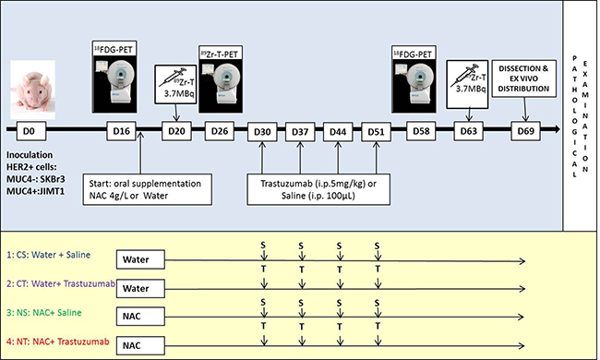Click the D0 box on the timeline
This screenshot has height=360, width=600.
point(31,131)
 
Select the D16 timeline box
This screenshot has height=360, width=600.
point(121,131)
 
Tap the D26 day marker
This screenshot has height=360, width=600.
point(220,131)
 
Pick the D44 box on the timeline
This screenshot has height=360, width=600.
point(338,132)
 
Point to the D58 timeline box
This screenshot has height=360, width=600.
point(421,131)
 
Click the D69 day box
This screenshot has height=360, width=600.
point(526,131)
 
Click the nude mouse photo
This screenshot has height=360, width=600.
point(32,90)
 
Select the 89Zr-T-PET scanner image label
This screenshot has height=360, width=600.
point(220,54)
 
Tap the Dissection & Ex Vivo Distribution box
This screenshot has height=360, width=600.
point(523,78)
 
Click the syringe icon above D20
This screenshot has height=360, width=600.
point(173,77)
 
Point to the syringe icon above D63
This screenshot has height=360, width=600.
point(463,75)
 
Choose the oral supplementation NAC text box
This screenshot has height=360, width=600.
point(148,190)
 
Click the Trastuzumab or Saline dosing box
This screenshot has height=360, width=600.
point(318,190)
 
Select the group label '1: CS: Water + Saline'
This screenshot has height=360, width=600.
point(49,255)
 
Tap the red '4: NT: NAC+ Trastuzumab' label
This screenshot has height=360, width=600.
point(58,342)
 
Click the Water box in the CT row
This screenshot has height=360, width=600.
point(140,288)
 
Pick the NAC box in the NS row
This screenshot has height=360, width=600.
point(140,317)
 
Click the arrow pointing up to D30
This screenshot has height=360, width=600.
point(262,158)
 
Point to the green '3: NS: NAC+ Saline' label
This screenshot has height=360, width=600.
point(44,313)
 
